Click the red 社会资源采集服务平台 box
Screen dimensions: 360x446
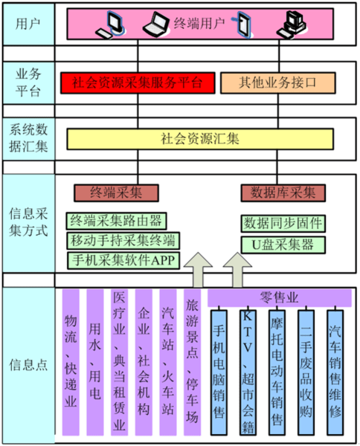click(138, 83)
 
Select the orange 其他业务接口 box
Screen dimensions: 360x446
click(278, 83)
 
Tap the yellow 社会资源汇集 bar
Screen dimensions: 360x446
click(200, 139)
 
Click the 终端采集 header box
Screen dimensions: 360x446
click(116, 193)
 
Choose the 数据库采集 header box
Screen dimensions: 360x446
click(283, 193)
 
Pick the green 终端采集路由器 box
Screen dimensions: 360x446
click(116, 221)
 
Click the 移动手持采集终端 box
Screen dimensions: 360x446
click(123, 241)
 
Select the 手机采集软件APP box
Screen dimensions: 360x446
click(123, 260)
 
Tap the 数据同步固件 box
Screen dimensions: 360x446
click(283, 224)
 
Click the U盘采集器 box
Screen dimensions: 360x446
click(283, 245)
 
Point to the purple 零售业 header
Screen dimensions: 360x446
click(280, 297)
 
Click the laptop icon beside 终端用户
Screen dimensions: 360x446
click(156, 24)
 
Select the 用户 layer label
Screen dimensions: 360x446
click(28, 25)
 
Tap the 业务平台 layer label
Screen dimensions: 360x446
click(28, 83)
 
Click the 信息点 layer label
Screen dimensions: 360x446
click(28, 365)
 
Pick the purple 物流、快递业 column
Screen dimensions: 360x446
click(71, 363)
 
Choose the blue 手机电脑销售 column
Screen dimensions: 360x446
click(219, 372)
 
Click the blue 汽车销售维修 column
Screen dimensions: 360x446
click(335, 372)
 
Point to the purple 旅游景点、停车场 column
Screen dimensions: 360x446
click(192, 363)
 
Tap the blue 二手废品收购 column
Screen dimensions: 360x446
click(306, 372)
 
